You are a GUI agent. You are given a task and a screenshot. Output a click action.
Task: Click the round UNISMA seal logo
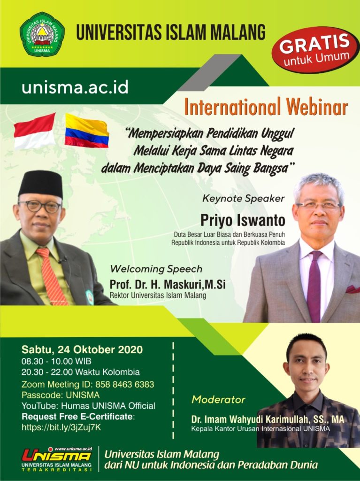pos(42,34)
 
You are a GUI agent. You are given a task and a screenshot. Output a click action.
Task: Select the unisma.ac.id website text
pos(75,88)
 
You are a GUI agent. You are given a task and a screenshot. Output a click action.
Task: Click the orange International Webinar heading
pos(266,107)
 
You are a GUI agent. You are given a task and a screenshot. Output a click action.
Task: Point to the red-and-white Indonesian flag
pos(35,131)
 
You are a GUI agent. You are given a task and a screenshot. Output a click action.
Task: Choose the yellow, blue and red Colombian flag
pos(87,131)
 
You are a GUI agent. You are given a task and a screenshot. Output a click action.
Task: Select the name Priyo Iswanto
pos(243,220)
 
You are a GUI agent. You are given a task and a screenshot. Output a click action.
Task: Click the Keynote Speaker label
pos(244,199)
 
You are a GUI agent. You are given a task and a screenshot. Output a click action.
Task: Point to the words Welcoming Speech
pos(156,269)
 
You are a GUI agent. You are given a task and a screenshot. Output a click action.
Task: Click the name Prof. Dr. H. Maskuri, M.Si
pos(168,285)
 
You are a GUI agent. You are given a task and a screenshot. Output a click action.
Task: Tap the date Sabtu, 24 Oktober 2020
pos(82,349)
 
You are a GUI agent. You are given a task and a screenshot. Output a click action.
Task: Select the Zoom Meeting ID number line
pos(88,384)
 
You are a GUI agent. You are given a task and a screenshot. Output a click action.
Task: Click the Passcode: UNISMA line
pos(61,395)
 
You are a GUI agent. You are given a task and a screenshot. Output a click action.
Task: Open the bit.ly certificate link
pos(61,427)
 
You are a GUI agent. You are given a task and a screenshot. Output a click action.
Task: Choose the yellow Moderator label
pos(218,400)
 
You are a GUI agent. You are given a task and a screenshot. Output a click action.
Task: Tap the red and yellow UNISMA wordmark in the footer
pos(57,456)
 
